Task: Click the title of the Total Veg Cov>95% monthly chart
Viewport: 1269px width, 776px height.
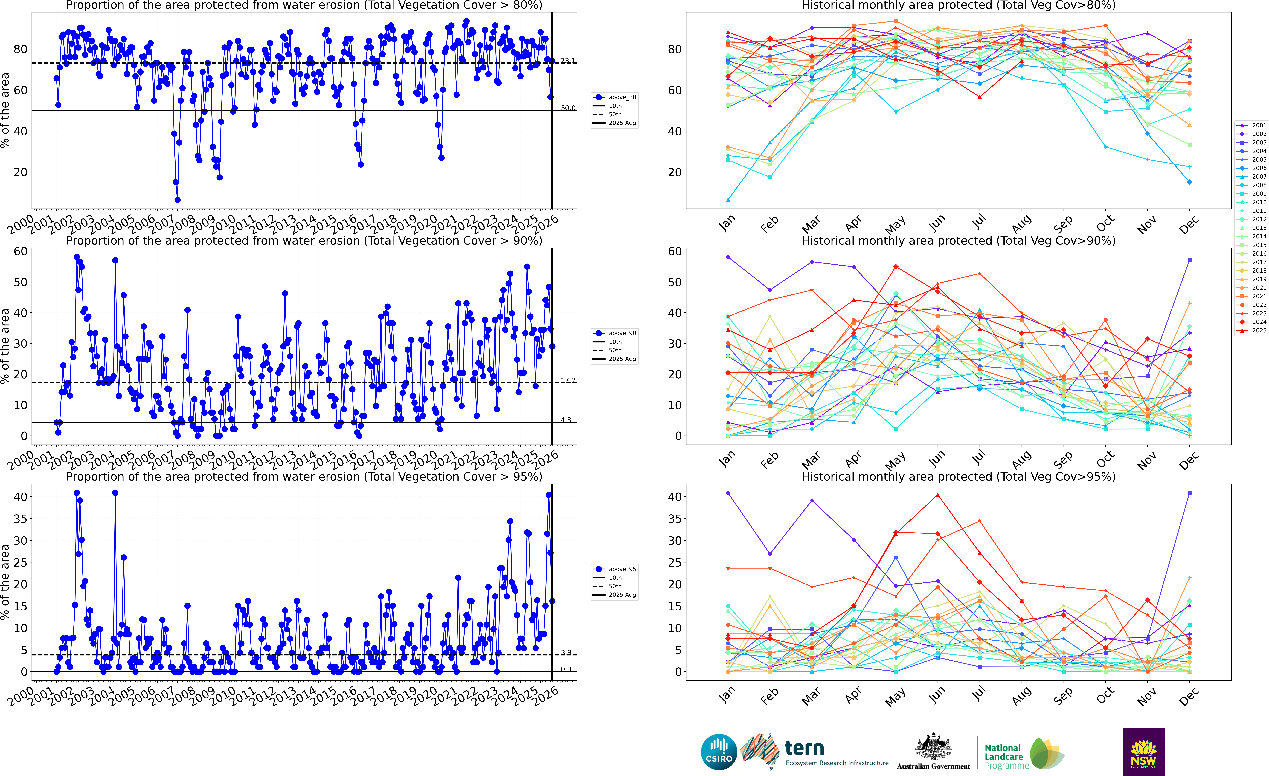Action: click(958, 476)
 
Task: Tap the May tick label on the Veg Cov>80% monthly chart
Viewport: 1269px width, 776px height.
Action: click(895, 224)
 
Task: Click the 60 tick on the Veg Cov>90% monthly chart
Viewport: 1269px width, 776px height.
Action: click(675, 251)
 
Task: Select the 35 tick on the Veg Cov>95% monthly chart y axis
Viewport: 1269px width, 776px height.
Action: click(675, 519)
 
